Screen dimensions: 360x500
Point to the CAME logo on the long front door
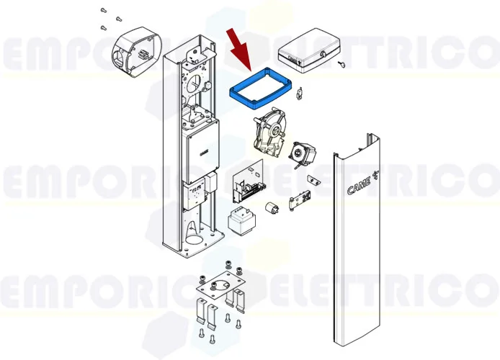point(360,185)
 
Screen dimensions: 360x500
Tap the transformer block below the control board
point(240,219)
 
